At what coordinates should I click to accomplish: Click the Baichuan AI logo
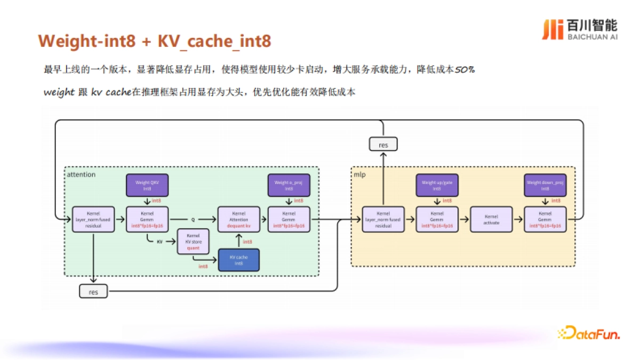tap(579, 29)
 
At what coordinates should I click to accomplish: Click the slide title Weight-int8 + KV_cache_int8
tap(155, 41)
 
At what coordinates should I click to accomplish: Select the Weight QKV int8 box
tap(147, 185)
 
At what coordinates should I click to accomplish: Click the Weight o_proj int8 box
tap(289, 185)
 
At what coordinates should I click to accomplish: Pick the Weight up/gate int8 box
tap(437, 185)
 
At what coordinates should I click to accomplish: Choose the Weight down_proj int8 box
tap(545, 185)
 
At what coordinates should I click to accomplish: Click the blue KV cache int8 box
tap(239, 260)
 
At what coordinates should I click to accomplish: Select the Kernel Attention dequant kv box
tap(238, 219)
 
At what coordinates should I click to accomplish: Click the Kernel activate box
tap(491, 219)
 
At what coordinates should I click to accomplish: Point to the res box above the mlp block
tap(383, 144)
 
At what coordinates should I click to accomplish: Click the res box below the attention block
tap(93, 292)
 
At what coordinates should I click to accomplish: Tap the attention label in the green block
tap(82, 174)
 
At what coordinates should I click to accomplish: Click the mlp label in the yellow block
tap(359, 174)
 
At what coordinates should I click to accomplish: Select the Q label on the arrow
tap(193, 219)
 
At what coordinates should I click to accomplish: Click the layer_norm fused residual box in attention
tap(93, 219)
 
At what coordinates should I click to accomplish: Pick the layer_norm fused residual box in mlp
tap(383, 219)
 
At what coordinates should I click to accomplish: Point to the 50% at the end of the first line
tap(464, 70)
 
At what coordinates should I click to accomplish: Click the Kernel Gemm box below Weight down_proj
tap(545, 219)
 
